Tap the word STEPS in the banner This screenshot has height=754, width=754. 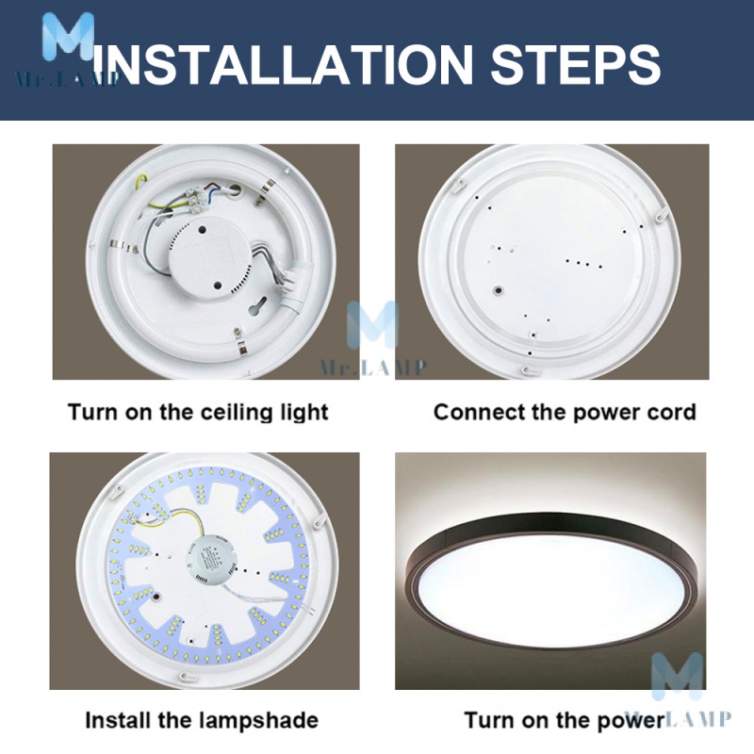click(576, 64)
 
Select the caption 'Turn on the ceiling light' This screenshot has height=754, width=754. click(198, 413)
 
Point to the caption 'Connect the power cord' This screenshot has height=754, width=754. click(565, 413)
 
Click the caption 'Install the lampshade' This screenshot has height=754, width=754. click(202, 720)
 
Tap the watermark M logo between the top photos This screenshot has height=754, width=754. click(373, 324)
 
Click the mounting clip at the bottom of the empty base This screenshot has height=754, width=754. click(528, 370)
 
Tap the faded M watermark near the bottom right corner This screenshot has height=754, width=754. click(677, 676)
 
